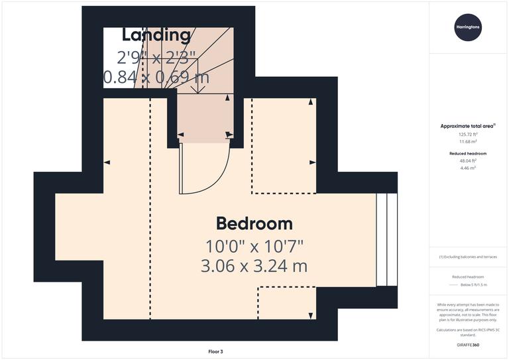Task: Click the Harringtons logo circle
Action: coord(468,27)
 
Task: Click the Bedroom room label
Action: coord(254,223)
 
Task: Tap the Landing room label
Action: coord(156,34)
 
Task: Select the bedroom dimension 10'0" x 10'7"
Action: coord(254,246)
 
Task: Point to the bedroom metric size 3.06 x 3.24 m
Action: coord(254,266)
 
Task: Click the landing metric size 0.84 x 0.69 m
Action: coord(156,78)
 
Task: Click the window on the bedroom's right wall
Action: coord(386,239)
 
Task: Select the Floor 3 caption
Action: coord(215,351)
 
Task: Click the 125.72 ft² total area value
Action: coord(468,134)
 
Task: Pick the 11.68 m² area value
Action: coord(468,141)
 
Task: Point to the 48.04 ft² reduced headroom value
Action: coord(468,160)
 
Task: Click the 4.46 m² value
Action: coord(468,168)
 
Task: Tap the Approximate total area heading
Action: coord(467,125)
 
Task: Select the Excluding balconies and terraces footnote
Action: coord(468,257)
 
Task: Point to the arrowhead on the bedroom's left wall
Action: coord(107,162)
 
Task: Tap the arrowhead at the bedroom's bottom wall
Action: coord(311,314)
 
